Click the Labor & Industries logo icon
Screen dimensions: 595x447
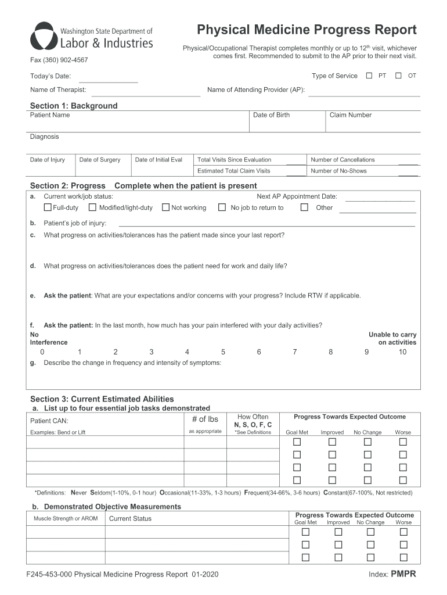(43, 37)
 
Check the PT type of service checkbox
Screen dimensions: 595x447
(369, 76)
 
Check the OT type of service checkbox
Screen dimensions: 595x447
(398, 76)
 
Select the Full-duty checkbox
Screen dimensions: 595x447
(48, 207)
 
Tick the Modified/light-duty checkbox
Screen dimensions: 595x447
(92, 207)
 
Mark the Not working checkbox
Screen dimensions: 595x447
(165, 207)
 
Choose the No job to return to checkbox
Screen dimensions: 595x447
(221, 207)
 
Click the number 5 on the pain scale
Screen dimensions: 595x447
(223, 352)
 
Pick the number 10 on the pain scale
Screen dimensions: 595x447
(402, 352)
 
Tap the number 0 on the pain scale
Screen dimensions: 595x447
(42, 352)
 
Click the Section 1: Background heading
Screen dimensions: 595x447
(74, 106)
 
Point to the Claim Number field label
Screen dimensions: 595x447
(350, 115)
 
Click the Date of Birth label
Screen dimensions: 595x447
(271, 115)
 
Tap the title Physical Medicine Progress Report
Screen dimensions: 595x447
(307, 30)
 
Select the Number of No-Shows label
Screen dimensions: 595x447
(338, 171)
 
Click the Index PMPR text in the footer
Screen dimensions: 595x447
(392, 575)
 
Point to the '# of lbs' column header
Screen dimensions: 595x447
(205, 419)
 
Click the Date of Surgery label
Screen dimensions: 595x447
(100, 160)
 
